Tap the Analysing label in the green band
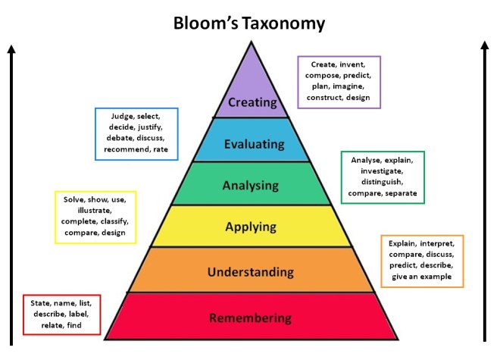point(251,185)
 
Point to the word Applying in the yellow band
point(251,227)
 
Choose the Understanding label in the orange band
point(251,271)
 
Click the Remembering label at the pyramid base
point(251,318)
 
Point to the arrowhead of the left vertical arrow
point(11,49)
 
